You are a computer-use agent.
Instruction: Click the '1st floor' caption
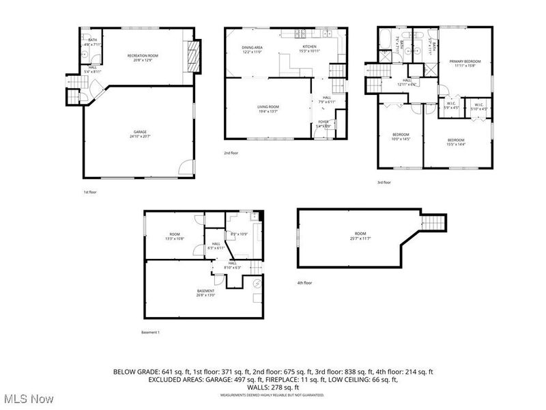pyautogui.click(x=90, y=193)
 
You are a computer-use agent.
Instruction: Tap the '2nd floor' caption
pyautogui.click(x=231, y=153)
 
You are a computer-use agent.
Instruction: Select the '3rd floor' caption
pyautogui.click(x=385, y=182)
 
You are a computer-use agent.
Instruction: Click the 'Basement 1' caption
pyautogui.click(x=149, y=333)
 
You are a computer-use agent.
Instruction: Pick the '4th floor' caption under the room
pyautogui.click(x=304, y=283)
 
